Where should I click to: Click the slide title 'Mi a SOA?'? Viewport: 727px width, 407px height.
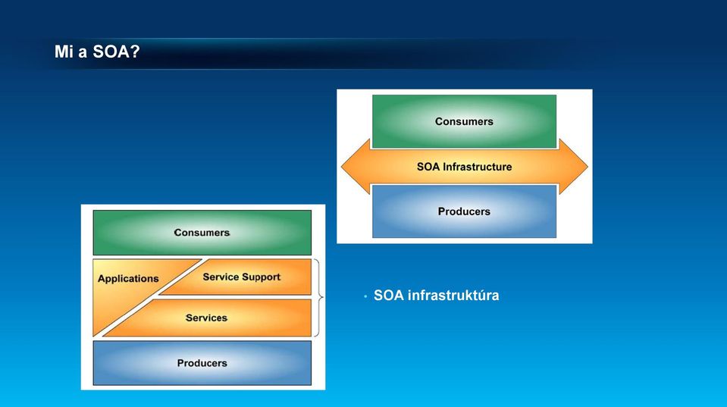point(97,52)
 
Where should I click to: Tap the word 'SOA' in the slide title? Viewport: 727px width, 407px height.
point(111,52)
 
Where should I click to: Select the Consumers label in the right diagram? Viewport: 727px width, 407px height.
point(464,121)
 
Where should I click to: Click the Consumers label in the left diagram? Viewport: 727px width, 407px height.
point(202,232)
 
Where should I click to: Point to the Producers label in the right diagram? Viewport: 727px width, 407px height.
point(464,211)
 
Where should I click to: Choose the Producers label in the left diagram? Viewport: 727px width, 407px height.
point(202,363)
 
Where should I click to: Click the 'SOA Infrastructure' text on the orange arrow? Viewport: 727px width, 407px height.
point(464,167)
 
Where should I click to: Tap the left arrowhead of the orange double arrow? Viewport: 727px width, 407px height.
point(356,167)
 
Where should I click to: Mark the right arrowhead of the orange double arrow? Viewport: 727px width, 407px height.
point(574,167)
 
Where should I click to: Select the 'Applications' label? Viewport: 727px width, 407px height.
point(128,279)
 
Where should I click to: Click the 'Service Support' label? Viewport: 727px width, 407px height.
point(242,277)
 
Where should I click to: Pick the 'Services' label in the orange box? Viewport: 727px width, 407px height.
point(206,318)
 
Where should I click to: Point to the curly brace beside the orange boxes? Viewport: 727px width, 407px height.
point(319,297)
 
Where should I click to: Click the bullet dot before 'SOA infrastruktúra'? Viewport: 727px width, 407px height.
point(365,296)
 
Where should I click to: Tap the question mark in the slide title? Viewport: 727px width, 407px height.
point(135,52)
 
